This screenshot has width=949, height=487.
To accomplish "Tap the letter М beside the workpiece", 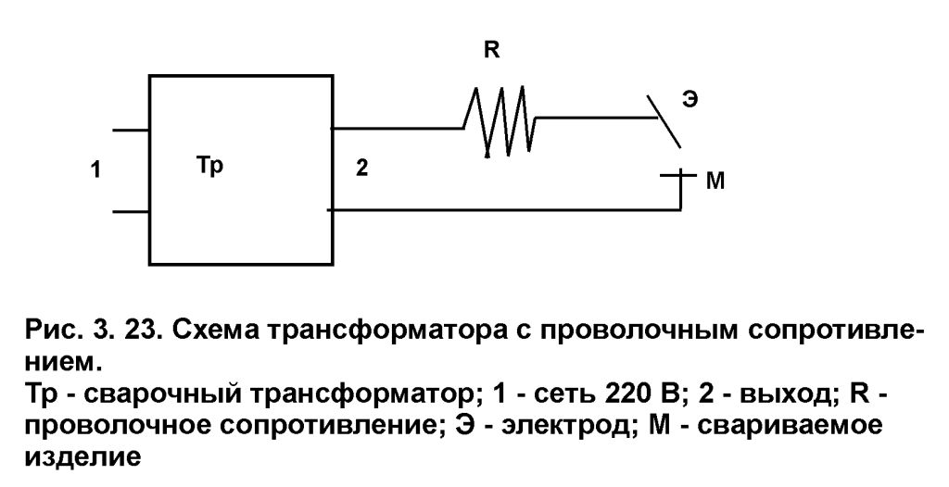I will tap(715, 182).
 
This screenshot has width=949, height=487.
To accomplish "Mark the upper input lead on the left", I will tap(130, 131).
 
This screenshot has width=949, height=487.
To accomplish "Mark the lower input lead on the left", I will tap(130, 212).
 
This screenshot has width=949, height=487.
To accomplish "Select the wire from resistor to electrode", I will tap(593, 119).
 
